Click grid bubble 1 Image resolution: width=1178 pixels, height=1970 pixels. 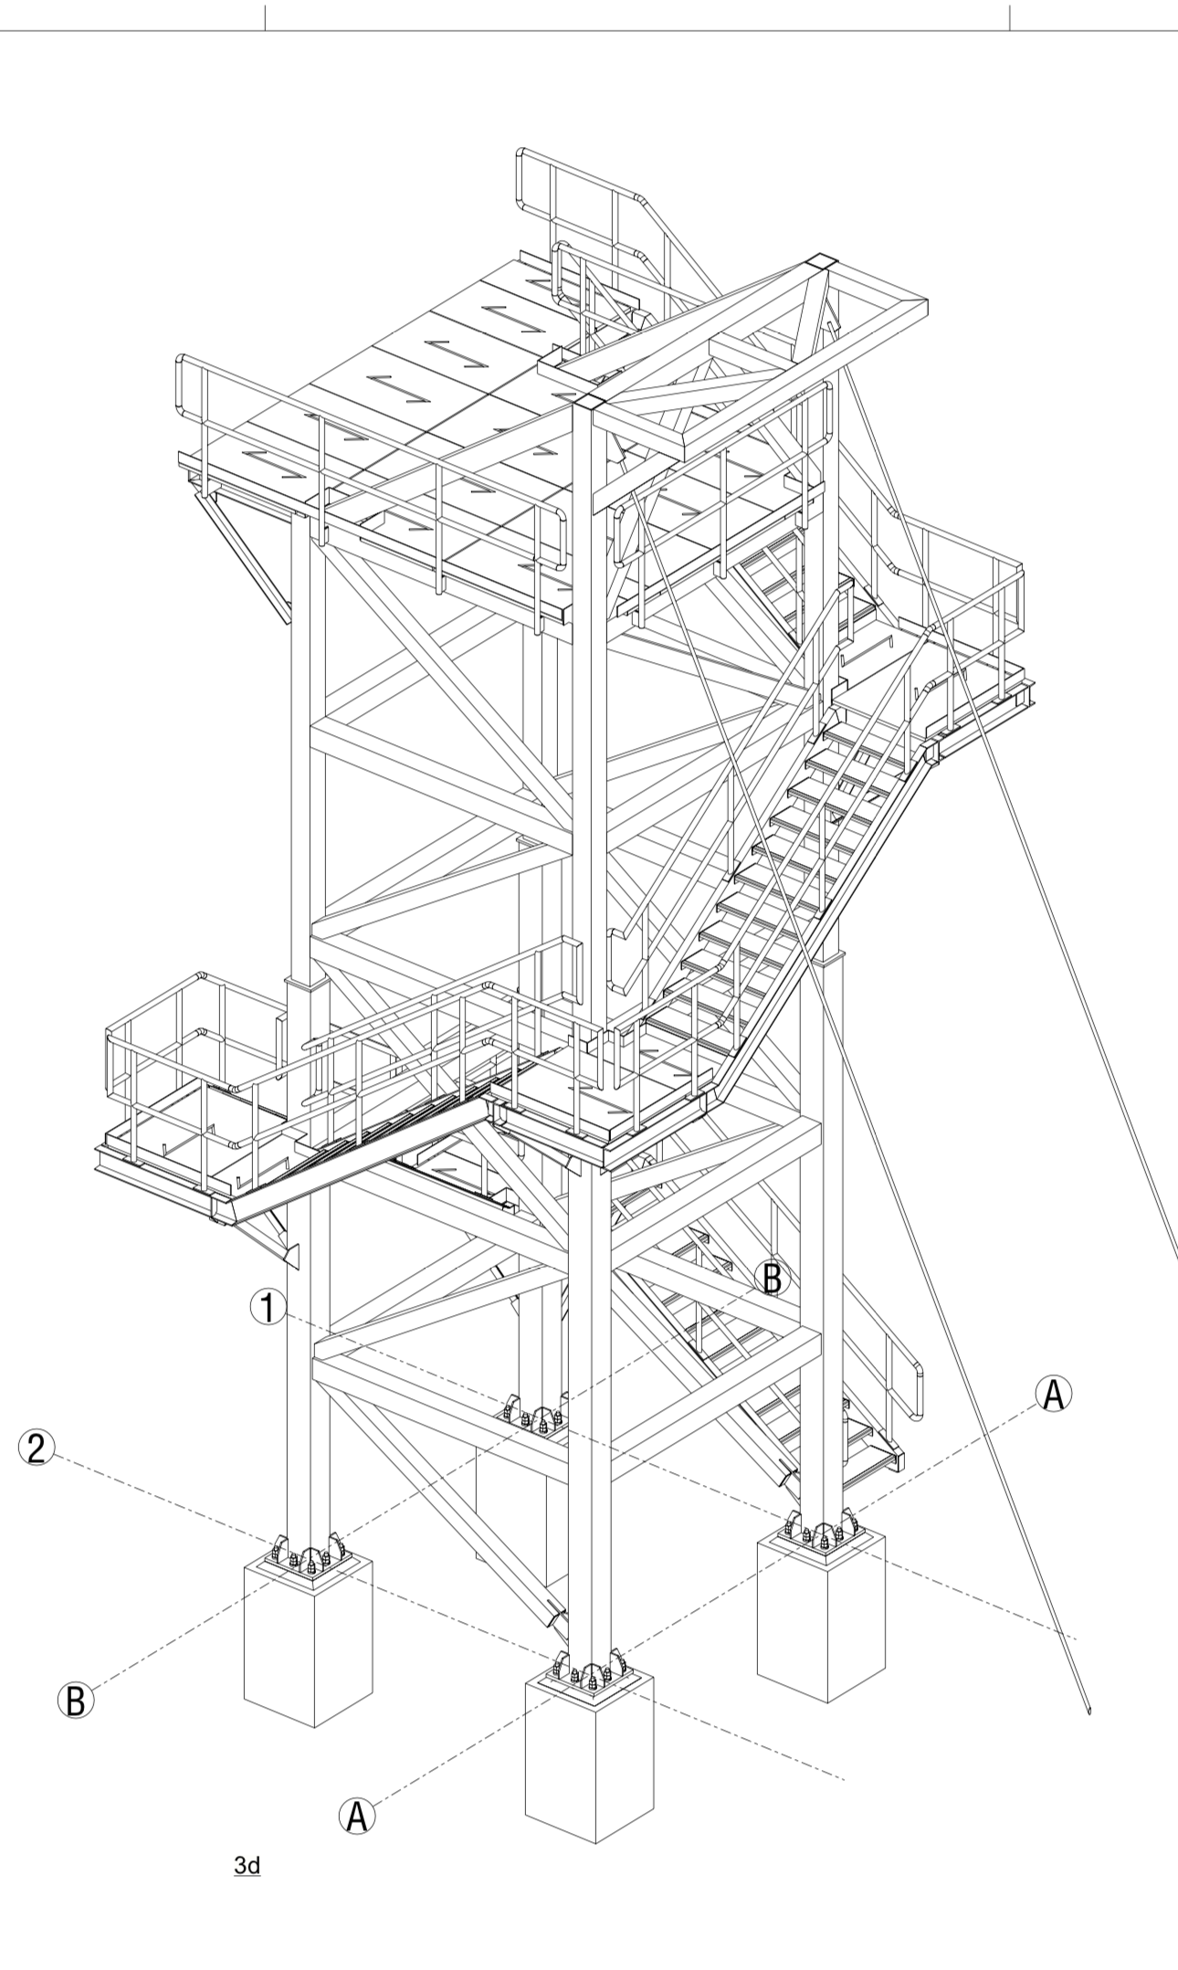(268, 1308)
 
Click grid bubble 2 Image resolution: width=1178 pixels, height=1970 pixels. (37, 1449)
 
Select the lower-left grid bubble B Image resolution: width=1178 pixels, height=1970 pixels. (75, 1700)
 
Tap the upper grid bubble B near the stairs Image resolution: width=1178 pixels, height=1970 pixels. (772, 1279)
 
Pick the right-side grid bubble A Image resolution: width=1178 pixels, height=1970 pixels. (1053, 1395)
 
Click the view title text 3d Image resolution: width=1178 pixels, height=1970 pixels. (247, 1865)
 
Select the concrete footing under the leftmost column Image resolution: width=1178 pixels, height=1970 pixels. (308, 1644)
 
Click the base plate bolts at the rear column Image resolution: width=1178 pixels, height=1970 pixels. (534, 1418)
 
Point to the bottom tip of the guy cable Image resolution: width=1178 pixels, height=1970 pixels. (1089, 1710)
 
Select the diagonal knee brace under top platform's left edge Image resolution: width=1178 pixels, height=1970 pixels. (245, 557)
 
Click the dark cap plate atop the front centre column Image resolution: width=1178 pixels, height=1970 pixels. (588, 403)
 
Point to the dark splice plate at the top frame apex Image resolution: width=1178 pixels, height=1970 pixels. (819, 261)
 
